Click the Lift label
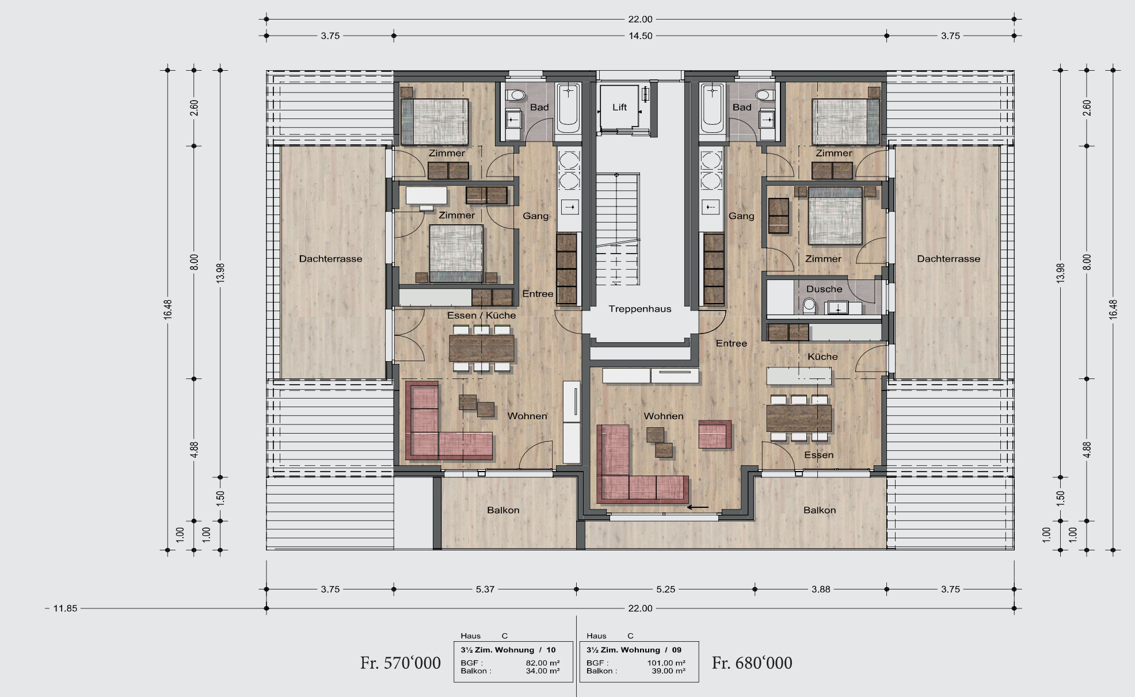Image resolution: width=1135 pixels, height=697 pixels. tap(619, 108)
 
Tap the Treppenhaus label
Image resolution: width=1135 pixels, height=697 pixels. tap(640, 309)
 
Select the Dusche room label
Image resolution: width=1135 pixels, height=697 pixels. tap(824, 289)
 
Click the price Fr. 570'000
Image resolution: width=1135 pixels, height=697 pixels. tap(401, 663)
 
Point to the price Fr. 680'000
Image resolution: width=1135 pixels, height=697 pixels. tap(752, 663)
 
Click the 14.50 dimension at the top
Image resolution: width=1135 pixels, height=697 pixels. tap(641, 36)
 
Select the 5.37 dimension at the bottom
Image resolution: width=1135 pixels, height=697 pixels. tap(485, 589)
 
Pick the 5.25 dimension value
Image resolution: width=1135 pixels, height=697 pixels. tap(666, 589)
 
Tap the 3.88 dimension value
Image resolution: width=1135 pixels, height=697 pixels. tap(821, 589)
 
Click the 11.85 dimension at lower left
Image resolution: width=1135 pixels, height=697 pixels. tap(64, 608)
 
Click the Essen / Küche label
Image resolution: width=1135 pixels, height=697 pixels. tap(482, 315)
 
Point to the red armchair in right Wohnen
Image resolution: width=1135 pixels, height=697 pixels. tap(715, 434)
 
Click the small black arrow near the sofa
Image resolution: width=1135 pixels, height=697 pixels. tap(698, 507)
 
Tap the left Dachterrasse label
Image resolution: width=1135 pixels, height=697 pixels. tap(330, 259)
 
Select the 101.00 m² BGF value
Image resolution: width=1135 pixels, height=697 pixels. tap(666, 662)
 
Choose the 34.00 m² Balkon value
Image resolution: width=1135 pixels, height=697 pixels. tap(543, 671)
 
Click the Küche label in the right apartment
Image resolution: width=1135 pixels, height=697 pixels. tap(822, 357)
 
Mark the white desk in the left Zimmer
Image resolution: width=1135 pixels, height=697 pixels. tap(426, 196)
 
